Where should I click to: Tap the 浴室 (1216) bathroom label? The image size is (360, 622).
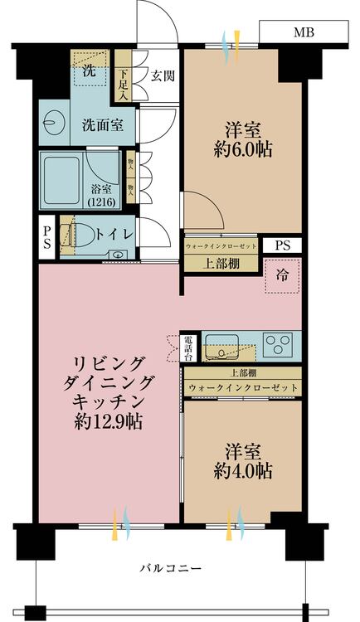pyautogui.click(x=102, y=195)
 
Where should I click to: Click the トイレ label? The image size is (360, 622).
pyautogui.click(x=114, y=234)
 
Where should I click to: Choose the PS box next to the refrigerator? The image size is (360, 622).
pyautogui.click(x=282, y=245)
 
